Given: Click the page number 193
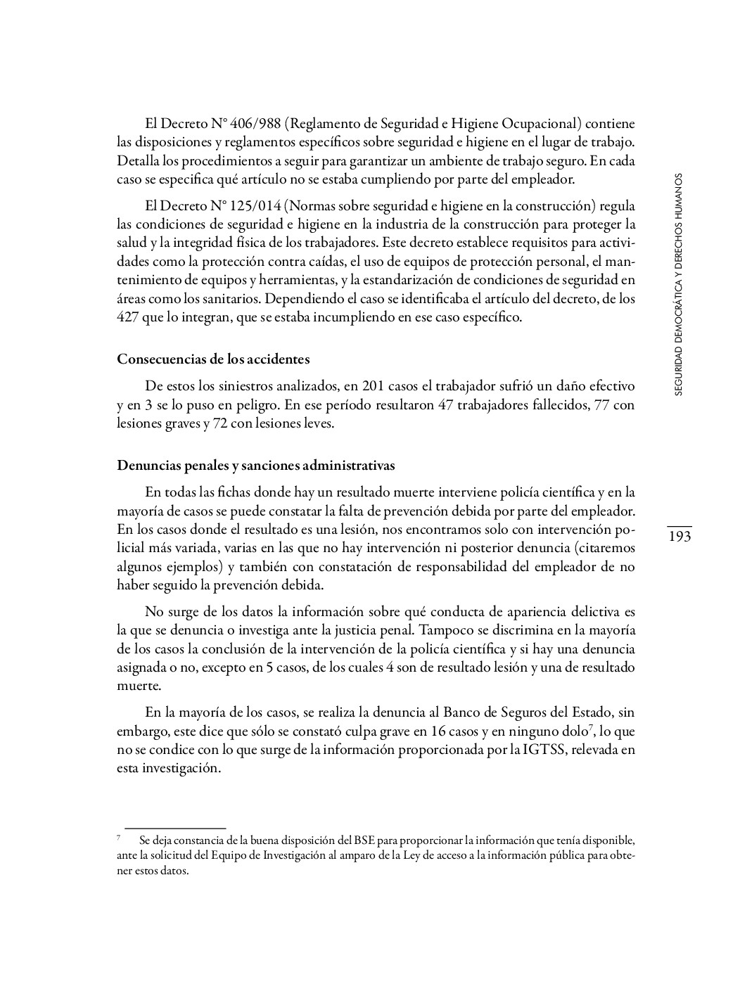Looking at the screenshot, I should [678, 537].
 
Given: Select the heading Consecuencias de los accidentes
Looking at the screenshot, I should [213, 359].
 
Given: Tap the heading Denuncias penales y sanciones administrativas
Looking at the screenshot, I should [256, 466].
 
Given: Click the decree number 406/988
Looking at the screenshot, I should [255, 124].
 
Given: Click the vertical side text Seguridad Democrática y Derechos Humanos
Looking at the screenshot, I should [678, 285].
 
